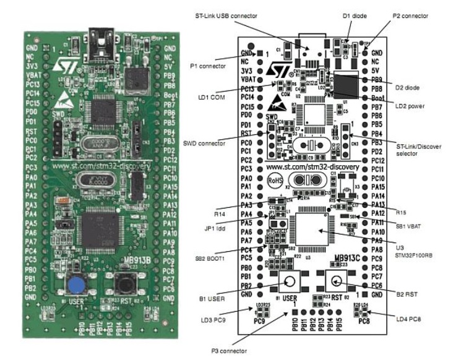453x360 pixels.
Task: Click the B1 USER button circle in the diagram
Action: (x=289, y=282)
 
